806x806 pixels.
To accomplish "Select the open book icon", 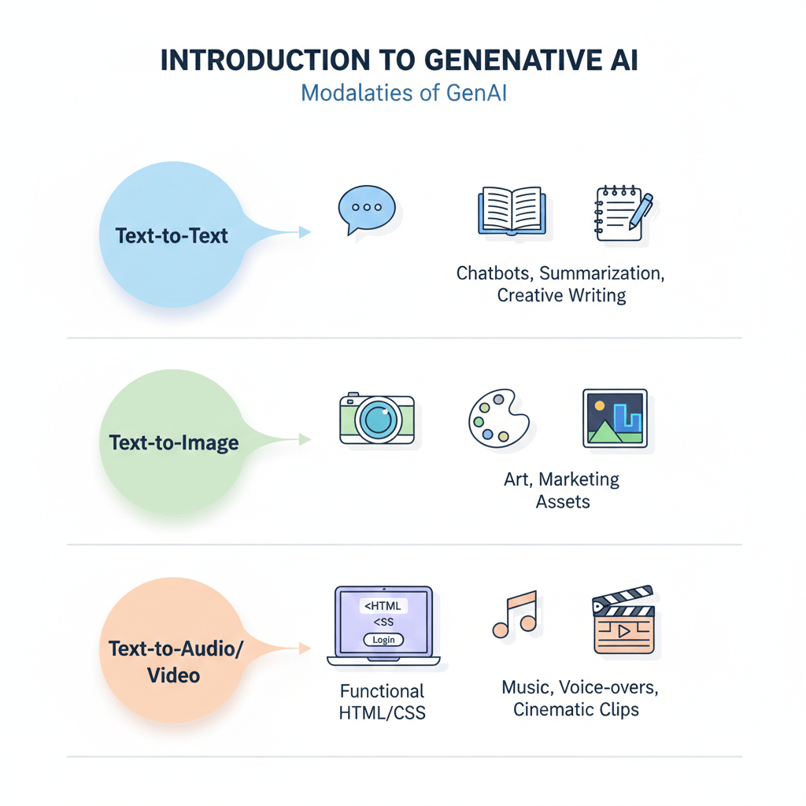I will click(510, 211).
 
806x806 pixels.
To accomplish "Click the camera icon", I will click(376, 419).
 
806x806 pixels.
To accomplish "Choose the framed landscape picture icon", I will click(615, 418).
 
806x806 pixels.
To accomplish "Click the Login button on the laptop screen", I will click(383, 640).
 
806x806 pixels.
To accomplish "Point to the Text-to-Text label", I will click(172, 235).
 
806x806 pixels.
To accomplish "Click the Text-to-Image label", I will click(174, 442).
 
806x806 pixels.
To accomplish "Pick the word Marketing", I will click(580, 479).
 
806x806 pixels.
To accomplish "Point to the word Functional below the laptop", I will click(382, 691).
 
